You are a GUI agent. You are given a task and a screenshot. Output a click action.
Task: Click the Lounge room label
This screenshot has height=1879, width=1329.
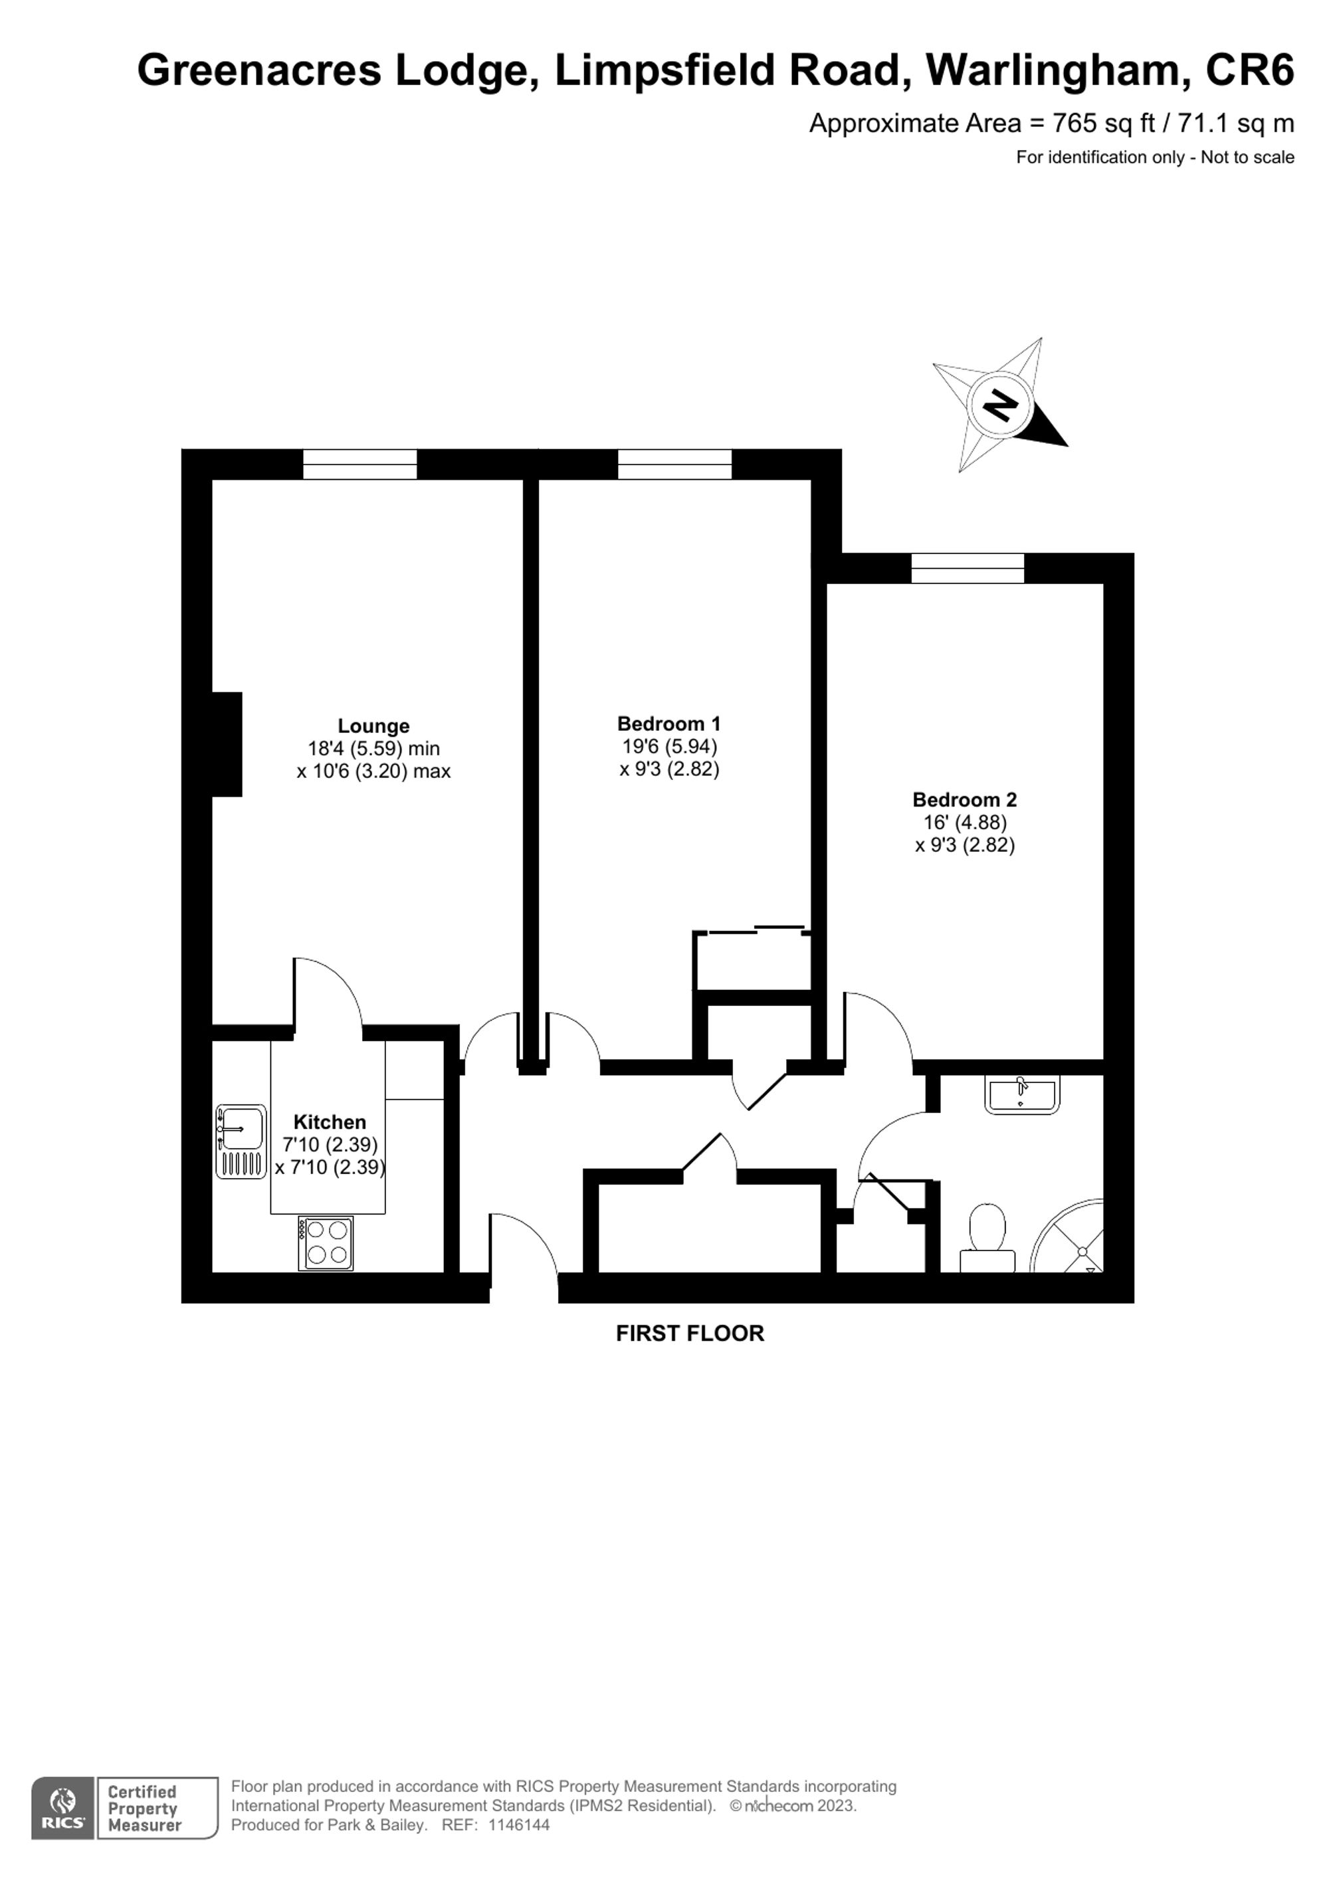(373, 726)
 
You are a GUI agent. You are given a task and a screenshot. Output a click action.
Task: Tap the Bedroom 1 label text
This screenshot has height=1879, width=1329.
(668, 724)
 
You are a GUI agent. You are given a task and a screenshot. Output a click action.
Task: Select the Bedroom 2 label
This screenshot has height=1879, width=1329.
(964, 799)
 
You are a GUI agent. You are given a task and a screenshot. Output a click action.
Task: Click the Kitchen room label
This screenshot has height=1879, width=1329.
(330, 1122)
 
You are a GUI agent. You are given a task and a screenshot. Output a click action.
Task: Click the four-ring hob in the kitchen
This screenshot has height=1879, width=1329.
(326, 1243)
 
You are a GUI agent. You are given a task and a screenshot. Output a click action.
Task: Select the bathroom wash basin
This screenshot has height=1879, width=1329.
(1022, 1095)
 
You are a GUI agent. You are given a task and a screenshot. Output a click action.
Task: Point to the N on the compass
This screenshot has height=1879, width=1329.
(1000, 405)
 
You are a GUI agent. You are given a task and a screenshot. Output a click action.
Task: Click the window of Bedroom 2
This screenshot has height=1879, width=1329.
(968, 568)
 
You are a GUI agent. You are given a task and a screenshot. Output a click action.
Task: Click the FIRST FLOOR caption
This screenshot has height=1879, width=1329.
(690, 1333)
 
